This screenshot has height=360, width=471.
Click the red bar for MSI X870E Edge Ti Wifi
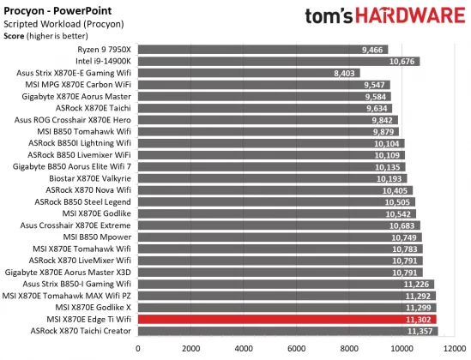[x=287, y=318]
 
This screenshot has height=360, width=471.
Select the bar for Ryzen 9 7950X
[x=263, y=50]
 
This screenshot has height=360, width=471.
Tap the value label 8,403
[x=345, y=73]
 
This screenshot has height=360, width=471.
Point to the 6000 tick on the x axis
[x=296, y=348]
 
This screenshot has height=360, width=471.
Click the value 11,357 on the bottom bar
[x=421, y=330]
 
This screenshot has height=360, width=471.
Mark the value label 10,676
[x=402, y=62]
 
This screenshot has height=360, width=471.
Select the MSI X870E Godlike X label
[x=93, y=306]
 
